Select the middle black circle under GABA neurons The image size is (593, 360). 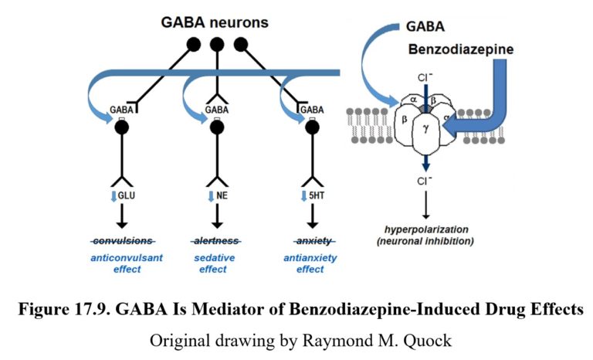coord(217,44)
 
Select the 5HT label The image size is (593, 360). coord(316,196)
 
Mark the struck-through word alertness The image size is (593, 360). coord(216,240)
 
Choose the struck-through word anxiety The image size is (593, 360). coord(310,240)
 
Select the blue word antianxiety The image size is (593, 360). coord(310,258)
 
